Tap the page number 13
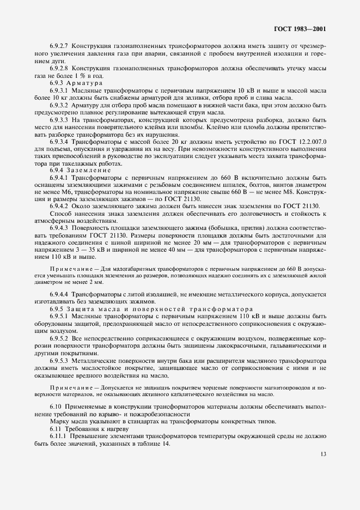pyautogui.click(x=324, y=453)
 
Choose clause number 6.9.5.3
pyautogui.click(x=58, y=361)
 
